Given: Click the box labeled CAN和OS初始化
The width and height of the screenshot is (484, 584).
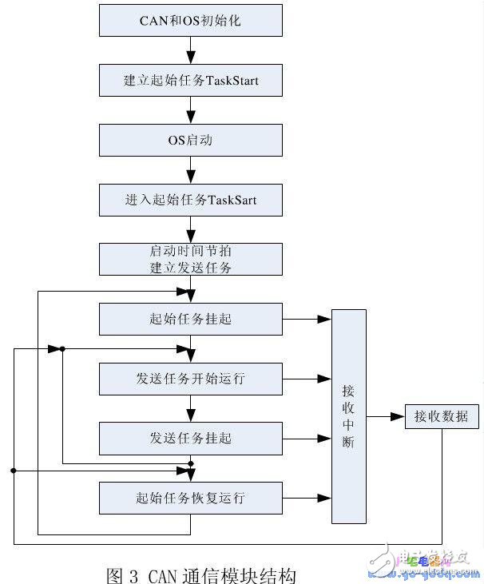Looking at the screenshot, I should point(190,20).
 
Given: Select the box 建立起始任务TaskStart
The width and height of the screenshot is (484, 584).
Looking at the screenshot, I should point(190,80).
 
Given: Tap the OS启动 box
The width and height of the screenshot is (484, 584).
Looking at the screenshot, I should point(190,140).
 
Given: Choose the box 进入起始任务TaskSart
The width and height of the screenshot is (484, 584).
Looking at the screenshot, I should point(190,200).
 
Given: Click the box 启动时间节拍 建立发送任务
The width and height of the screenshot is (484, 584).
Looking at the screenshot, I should point(190,260).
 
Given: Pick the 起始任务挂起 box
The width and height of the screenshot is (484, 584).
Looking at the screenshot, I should point(190,319).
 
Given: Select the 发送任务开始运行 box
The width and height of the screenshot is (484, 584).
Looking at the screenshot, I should point(190,379).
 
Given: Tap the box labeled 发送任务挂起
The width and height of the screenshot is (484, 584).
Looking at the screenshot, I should point(190,439).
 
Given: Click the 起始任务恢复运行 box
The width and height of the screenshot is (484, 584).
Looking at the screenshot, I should point(190,499).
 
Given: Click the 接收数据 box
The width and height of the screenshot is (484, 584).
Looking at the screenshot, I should point(442,416).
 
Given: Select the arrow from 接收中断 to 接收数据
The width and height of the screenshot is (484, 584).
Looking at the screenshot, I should point(386,416).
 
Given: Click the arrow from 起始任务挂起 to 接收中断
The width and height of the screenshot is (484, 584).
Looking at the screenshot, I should point(307,319).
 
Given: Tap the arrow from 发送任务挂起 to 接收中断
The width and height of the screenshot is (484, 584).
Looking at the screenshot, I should point(307,439).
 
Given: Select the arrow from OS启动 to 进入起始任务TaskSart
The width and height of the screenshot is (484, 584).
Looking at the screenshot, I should point(190,169).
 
